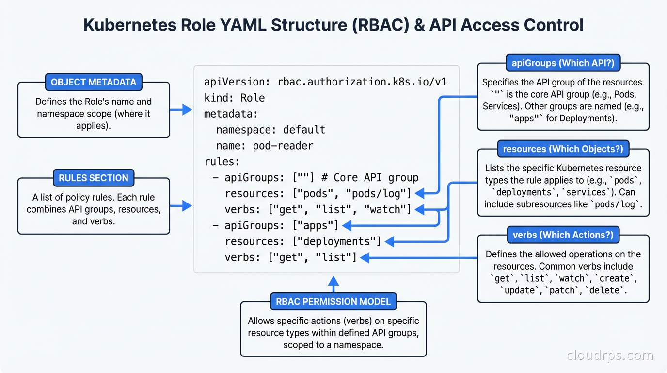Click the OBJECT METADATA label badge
coord(94,82)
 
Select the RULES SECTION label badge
coord(94,178)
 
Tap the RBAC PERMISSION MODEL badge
coord(333,301)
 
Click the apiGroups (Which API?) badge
coord(563,63)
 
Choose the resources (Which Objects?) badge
coord(563,149)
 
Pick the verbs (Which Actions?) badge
coord(563,235)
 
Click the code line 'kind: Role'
coord(235,98)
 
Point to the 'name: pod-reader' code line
coord(265,146)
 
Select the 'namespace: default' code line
coord(270,130)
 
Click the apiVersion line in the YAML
coord(325,82)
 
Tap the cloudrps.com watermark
coord(610,356)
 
